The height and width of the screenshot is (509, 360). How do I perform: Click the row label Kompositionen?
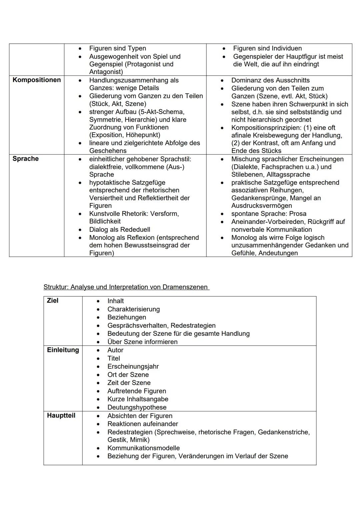tap(37, 80)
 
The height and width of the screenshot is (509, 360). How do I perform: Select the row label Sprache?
tap(26, 159)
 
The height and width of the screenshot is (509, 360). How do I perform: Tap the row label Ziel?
tap(53, 301)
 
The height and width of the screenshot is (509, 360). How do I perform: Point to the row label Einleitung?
tap(63, 350)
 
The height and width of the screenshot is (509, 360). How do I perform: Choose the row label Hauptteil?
tap(61, 416)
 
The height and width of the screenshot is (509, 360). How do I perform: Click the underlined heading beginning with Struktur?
tap(126, 287)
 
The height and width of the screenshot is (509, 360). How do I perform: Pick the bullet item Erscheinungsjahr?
tap(133, 366)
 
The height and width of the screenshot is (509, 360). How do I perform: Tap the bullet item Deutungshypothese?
tap(137, 407)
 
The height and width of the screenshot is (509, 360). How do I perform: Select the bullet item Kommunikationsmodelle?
tap(143, 448)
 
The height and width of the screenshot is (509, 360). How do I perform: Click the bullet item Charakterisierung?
tap(133, 309)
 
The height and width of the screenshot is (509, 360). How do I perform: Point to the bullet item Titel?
tap(114, 358)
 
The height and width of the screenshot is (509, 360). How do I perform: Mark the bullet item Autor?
tap(115, 350)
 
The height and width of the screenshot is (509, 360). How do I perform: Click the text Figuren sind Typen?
tap(117, 48)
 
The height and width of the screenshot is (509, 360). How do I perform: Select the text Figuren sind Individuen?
tap(267, 48)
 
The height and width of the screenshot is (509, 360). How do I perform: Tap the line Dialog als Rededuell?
tap(120, 230)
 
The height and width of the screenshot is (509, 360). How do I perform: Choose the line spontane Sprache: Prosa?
tap(269, 214)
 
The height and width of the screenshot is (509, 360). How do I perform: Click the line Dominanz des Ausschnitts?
tap(270, 80)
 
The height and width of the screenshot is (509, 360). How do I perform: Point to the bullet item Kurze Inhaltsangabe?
tap(138, 399)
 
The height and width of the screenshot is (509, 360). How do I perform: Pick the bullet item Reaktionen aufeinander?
tap(143, 424)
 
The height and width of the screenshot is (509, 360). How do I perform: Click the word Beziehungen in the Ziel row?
tap(127, 317)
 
